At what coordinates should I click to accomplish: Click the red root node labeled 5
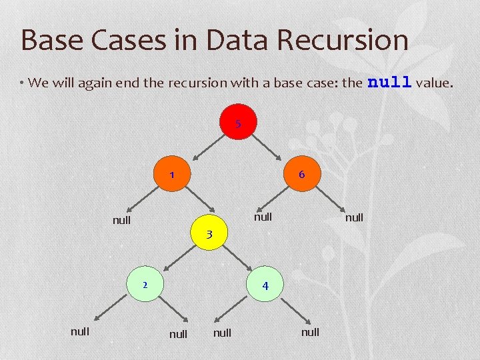pyautogui.click(x=239, y=123)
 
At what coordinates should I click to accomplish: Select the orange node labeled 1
pyautogui.click(x=172, y=175)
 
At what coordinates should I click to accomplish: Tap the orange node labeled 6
pyautogui.click(x=302, y=175)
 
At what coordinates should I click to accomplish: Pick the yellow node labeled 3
pyautogui.click(x=209, y=234)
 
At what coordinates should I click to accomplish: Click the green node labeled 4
pyautogui.click(x=265, y=285)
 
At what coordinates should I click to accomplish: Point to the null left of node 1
pyautogui.click(x=121, y=220)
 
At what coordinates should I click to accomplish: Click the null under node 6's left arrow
pyautogui.click(x=263, y=217)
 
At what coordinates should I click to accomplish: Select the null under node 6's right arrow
pyautogui.click(x=354, y=217)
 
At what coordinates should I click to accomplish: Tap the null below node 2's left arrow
pyautogui.click(x=80, y=331)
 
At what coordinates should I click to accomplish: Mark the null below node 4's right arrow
pyautogui.click(x=310, y=332)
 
